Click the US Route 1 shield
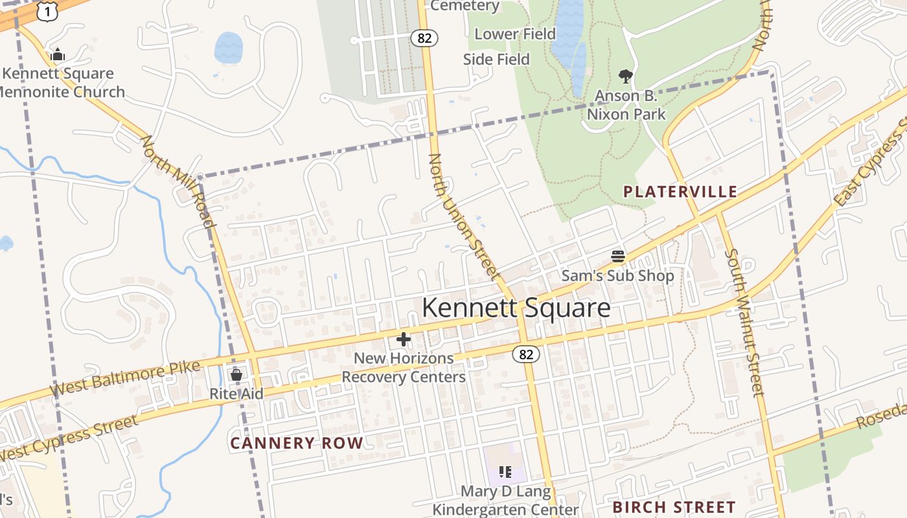tap(48, 11)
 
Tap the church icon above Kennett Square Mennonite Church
tap(58, 55)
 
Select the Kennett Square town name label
tap(516, 308)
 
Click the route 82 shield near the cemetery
tap(424, 38)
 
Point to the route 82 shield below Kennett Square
tap(526, 354)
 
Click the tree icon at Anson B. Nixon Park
tap(625, 77)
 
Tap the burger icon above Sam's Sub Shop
tap(618, 256)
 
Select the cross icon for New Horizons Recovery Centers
tap(404, 339)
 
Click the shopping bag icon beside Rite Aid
tap(236, 375)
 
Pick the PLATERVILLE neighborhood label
tap(680, 192)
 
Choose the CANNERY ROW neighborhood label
tap(297, 444)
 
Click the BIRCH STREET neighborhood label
tap(674, 507)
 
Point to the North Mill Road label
tap(178, 182)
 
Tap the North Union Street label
tap(465, 218)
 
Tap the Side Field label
tap(496, 60)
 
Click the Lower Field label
tap(515, 34)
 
